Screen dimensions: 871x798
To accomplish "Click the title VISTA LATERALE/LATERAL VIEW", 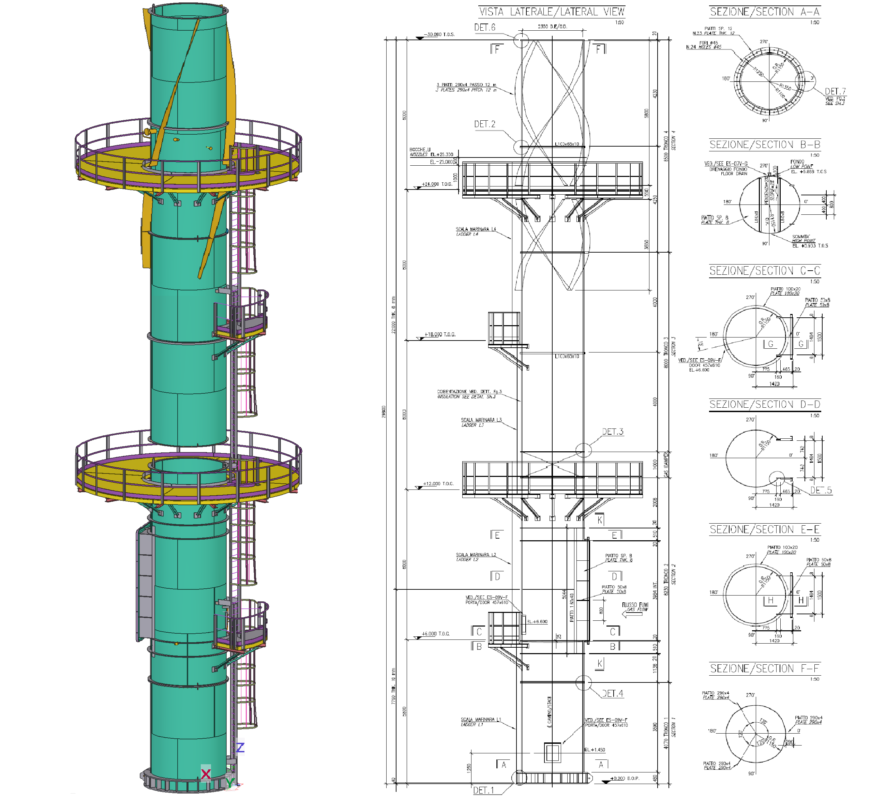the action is click(x=552, y=12).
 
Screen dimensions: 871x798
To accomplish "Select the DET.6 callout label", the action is click(x=484, y=28).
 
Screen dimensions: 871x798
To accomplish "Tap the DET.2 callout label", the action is click(x=484, y=124).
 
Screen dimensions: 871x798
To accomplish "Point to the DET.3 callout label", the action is click(x=612, y=432).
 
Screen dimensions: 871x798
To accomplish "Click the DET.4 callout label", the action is click(x=612, y=693).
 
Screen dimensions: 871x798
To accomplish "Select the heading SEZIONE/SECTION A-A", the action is click(x=764, y=12).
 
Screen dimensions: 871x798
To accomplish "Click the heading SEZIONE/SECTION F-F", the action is click(x=764, y=668).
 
